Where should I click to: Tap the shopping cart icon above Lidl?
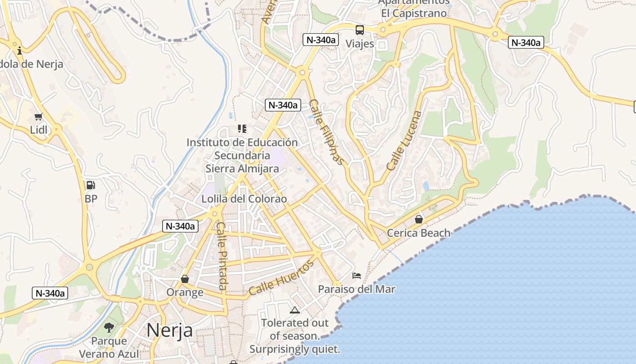(x=39, y=117)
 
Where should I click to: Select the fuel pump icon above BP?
(x=91, y=185)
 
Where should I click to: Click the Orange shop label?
(x=185, y=292)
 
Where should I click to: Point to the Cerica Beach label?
(x=418, y=233)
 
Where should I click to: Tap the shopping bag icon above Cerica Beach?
(x=418, y=220)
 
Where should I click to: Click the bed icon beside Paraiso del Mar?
(x=357, y=276)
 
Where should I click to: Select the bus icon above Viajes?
(x=360, y=30)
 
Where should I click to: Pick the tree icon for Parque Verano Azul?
(x=109, y=327)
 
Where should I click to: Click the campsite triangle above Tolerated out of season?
(x=295, y=310)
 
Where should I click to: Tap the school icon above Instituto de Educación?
(x=242, y=129)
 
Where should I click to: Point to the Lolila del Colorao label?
(x=244, y=199)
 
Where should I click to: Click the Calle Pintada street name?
(x=221, y=256)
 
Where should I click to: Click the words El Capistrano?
(x=414, y=13)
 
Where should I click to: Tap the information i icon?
(x=20, y=51)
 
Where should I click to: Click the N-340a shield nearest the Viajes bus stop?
(x=321, y=40)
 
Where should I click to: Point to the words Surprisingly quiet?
(x=294, y=349)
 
